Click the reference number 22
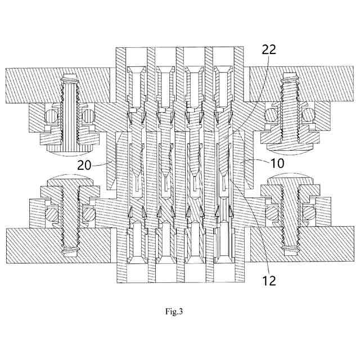[269, 49]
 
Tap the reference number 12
[269, 280]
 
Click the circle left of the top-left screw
[51, 117]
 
